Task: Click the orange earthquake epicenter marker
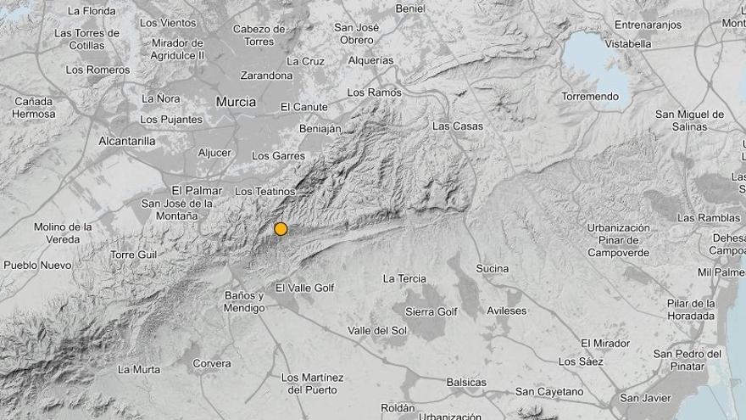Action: click(281, 228)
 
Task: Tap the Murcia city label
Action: click(236, 102)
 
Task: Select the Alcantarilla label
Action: click(126, 141)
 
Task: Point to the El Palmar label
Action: click(197, 190)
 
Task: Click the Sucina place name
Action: click(493, 269)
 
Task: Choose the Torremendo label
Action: click(590, 97)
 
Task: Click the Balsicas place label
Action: click(466, 383)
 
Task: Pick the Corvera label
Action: click(212, 364)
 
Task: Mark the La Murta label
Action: click(139, 369)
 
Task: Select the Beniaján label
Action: click(320, 129)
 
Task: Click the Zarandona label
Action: click(265, 76)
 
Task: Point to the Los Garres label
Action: click(279, 156)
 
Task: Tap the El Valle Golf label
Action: click(305, 288)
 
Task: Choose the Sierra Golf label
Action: click(431, 312)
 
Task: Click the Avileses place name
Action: click(506, 311)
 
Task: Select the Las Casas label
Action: click(458, 126)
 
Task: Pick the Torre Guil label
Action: click(134, 255)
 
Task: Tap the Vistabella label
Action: click(629, 43)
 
